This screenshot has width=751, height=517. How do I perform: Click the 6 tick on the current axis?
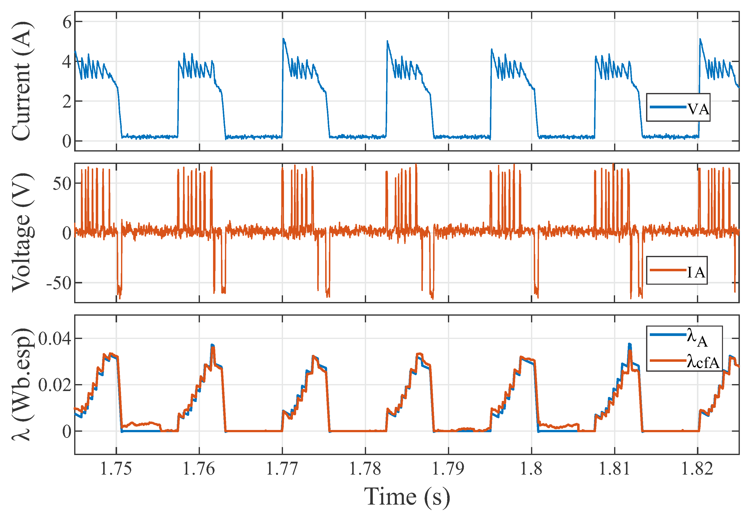[x=67, y=22]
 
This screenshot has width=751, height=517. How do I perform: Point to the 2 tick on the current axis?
[x=67, y=102]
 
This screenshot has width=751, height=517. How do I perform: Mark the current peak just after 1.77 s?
[x=283, y=39]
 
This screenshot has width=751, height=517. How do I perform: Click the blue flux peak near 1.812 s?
[x=629, y=344]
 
